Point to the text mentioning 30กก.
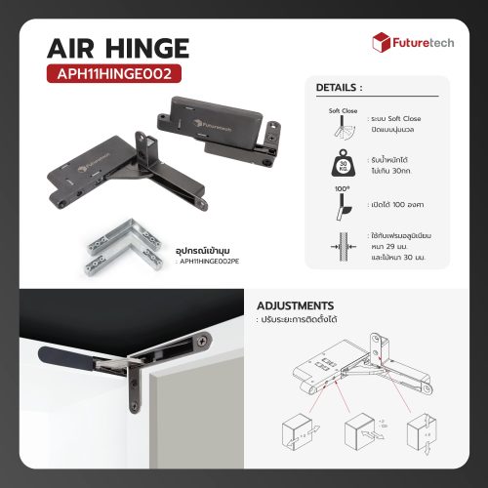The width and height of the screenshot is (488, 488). pos(397,170)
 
